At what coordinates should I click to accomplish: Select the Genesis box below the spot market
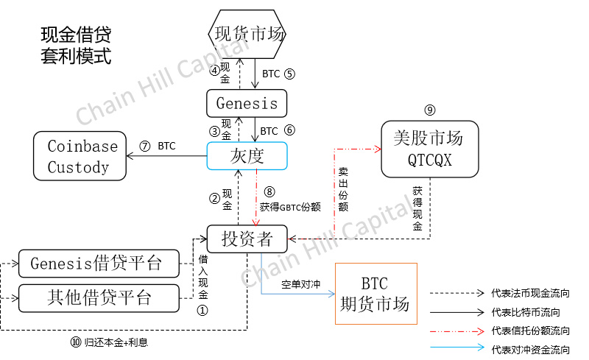point(247,103)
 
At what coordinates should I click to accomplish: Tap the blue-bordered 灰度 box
point(247,155)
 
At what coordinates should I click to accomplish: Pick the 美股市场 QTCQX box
point(428,149)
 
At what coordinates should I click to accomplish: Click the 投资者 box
point(247,239)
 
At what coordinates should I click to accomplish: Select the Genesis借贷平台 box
point(99,263)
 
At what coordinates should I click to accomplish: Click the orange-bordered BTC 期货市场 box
point(375,294)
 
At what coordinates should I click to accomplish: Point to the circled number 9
point(430,110)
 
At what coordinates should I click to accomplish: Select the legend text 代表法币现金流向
point(530,293)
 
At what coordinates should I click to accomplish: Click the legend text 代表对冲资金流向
point(530,349)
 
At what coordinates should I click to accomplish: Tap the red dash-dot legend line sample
point(455,331)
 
